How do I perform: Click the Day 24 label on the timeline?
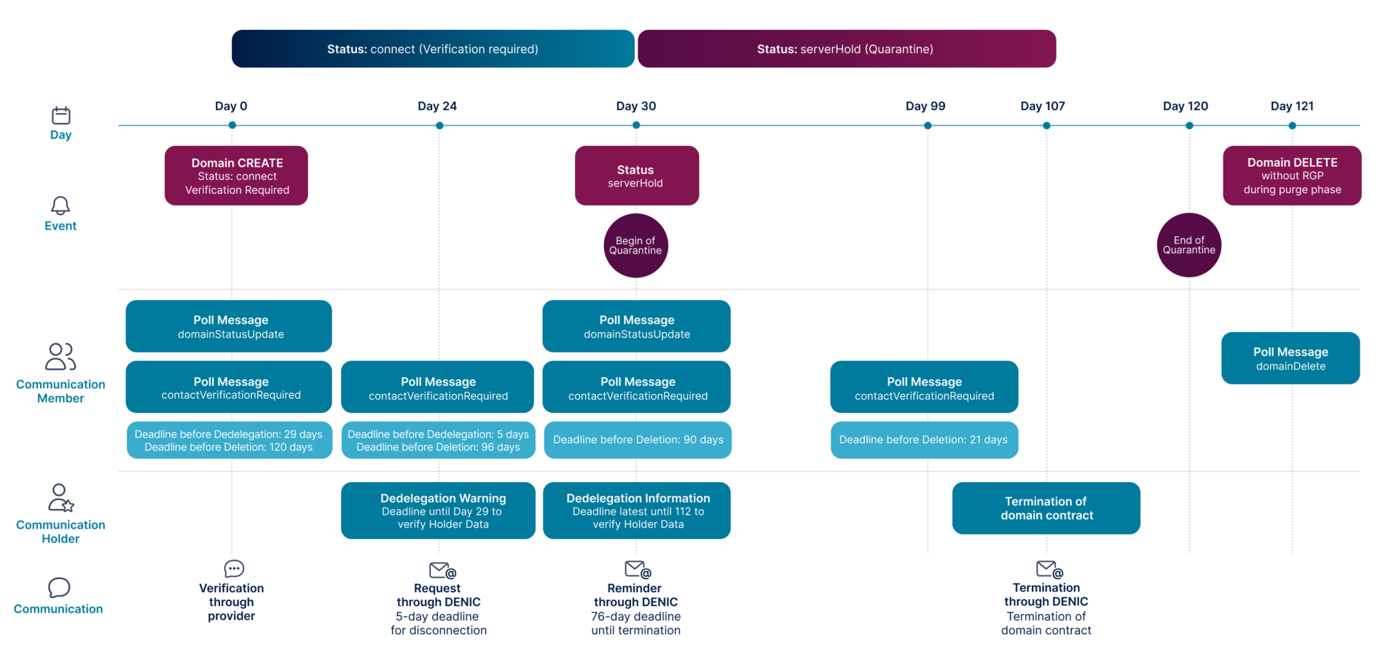point(437,106)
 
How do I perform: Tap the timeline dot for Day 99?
point(928,125)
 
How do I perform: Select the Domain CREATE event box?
point(236,176)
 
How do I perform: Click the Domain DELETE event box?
point(1292,176)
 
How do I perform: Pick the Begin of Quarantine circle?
point(636,245)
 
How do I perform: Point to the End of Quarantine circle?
point(1189,245)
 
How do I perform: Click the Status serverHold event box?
point(637,176)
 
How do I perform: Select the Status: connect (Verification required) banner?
point(433,49)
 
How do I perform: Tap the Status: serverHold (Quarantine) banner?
point(847,49)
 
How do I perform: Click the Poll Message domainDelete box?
point(1290,358)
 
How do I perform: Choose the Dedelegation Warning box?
point(438,511)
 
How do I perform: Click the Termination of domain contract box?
point(1046,508)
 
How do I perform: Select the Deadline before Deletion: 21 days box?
point(924,440)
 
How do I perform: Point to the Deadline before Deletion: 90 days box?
point(638,440)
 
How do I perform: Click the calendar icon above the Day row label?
point(61,115)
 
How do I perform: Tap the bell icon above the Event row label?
point(60,205)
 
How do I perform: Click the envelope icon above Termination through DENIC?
point(1050,569)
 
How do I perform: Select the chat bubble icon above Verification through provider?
point(234,568)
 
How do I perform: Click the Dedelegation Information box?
point(637,511)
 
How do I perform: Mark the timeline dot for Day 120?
point(1189,125)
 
